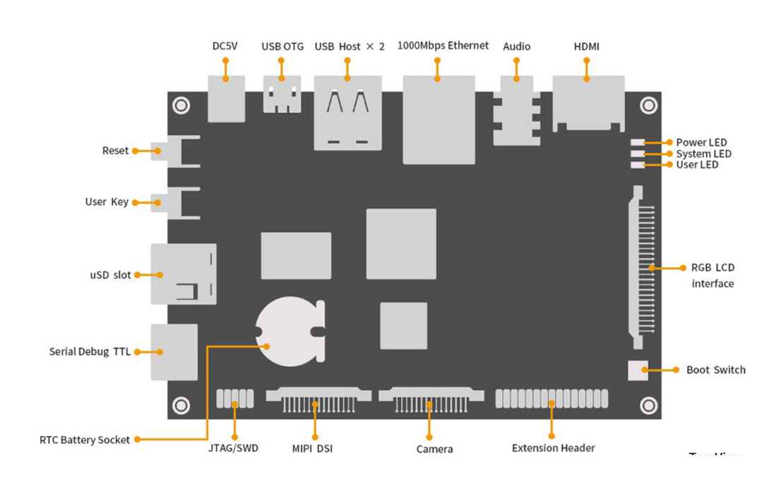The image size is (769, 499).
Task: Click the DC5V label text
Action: pos(225,47)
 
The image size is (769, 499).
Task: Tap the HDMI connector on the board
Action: pos(588,102)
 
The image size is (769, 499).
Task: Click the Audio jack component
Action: pos(516,110)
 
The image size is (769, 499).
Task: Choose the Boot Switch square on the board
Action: pos(638,370)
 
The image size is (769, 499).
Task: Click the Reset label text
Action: pos(116,151)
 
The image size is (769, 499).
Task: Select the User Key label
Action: pos(107,202)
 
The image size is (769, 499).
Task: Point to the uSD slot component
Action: pos(183,274)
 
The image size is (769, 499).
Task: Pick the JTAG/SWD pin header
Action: pos(234,399)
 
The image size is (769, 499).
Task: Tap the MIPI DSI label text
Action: pos(312,448)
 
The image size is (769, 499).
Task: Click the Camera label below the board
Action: pos(434,449)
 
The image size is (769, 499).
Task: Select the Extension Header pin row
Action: pos(552,399)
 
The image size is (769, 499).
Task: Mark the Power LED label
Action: pos(701,142)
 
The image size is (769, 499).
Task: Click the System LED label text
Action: pos(703,153)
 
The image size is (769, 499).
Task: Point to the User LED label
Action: pos(697,165)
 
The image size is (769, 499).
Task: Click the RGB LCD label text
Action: pos(713,268)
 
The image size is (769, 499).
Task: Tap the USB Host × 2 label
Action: pos(350,47)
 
